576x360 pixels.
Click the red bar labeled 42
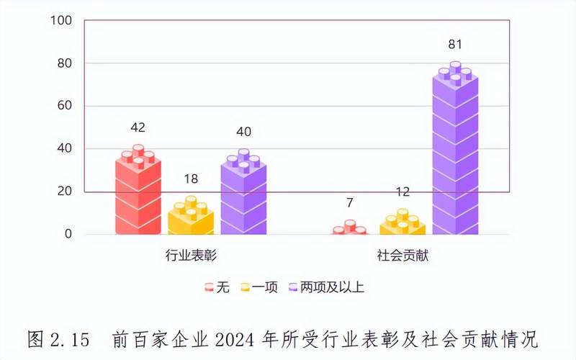pyautogui.click(x=138, y=194)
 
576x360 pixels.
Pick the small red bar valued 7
pyautogui.click(x=349, y=230)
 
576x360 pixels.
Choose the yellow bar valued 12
pyautogui.click(x=402, y=224)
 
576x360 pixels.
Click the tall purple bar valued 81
pyautogui.click(x=455, y=151)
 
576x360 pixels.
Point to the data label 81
pyautogui.click(x=455, y=45)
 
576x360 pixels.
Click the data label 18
pyautogui.click(x=191, y=179)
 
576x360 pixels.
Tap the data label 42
pyautogui.click(x=138, y=127)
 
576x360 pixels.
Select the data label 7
pyautogui.click(x=349, y=203)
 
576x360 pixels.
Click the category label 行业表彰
pyautogui.click(x=191, y=256)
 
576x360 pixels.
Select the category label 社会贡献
pyautogui.click(x=402, y=256)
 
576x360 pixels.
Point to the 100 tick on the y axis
pyautogui.click(x=61, y=21)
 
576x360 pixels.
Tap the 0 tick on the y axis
pyautogui.click(x=68, y=234)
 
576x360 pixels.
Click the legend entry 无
pyautogui.click(x=217, y=287)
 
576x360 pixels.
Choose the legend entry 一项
pyautogui.click(x=264, y=287)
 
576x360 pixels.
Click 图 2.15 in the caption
pyautogui.click(x=58, y=338)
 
